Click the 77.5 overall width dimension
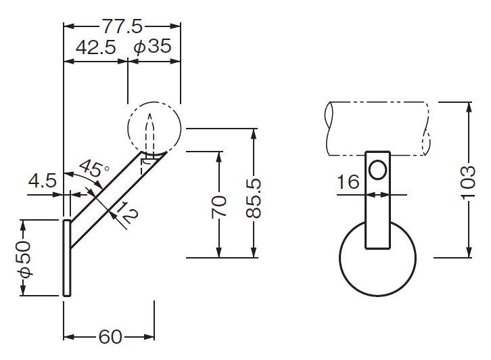coord(122,26)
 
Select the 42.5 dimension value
coord(96,47)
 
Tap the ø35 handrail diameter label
coord(152,47)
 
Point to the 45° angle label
coord(93,168)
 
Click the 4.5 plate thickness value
coord(43,181)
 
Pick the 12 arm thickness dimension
coord(126,212)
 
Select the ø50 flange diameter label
coord(24,258)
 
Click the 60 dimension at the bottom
coord(110,337)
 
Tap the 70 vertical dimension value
coord(219,206)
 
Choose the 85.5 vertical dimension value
coord(254,198)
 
